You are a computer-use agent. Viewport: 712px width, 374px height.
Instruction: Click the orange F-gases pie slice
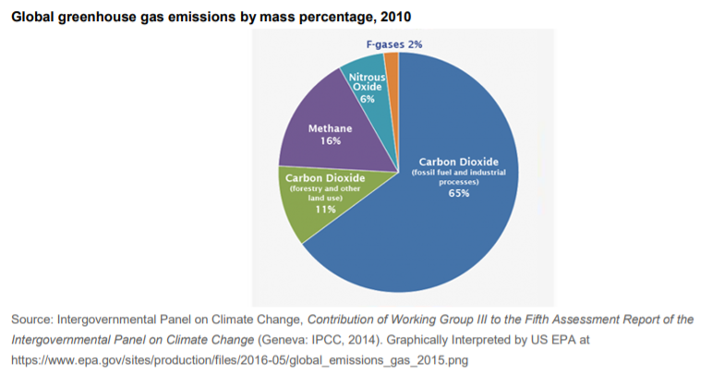coord(392,62)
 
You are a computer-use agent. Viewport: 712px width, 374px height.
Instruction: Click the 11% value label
coord(324,210)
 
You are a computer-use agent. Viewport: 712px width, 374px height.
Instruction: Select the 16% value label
coord(331,141)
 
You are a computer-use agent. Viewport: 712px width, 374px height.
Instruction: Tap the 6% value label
coord(368,99)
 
